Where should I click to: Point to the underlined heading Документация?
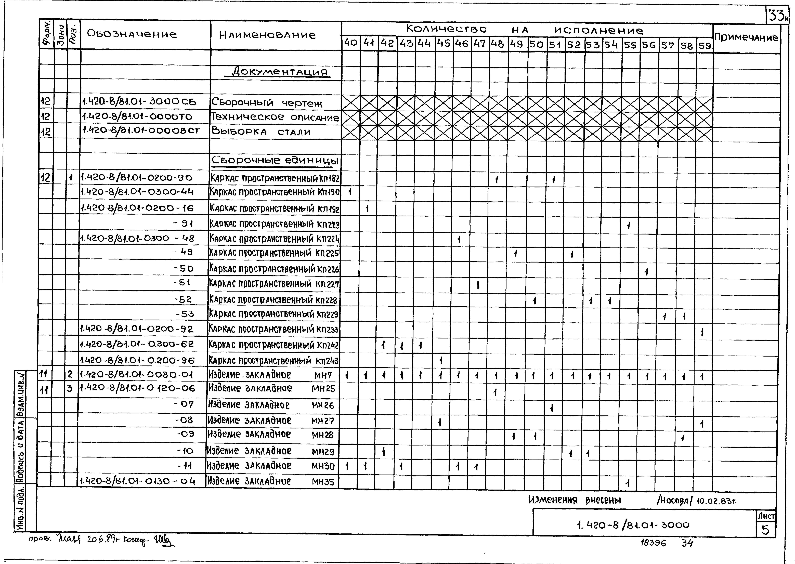[281, 72]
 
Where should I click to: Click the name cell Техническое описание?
[275, 117]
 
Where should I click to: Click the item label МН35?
[323, 482]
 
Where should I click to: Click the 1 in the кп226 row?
[646, 272]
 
